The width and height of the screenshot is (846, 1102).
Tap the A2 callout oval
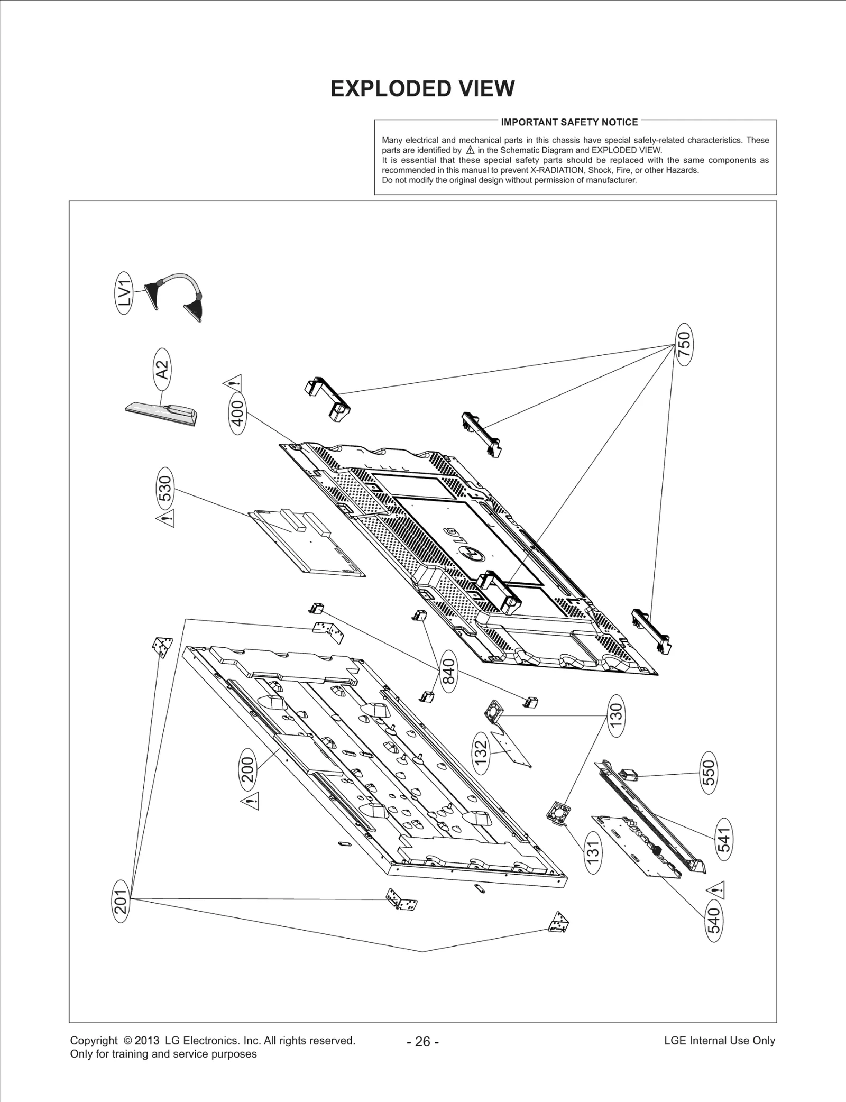[x=162, y=370]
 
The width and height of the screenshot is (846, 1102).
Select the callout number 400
[x=238, y=413]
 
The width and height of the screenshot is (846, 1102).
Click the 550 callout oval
[x=709, y=773]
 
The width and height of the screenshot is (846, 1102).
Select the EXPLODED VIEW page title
[x=422, y=89]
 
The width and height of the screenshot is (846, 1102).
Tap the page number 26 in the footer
[x=422, y=1042]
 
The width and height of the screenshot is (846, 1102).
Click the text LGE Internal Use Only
[x=719, y=1041]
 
